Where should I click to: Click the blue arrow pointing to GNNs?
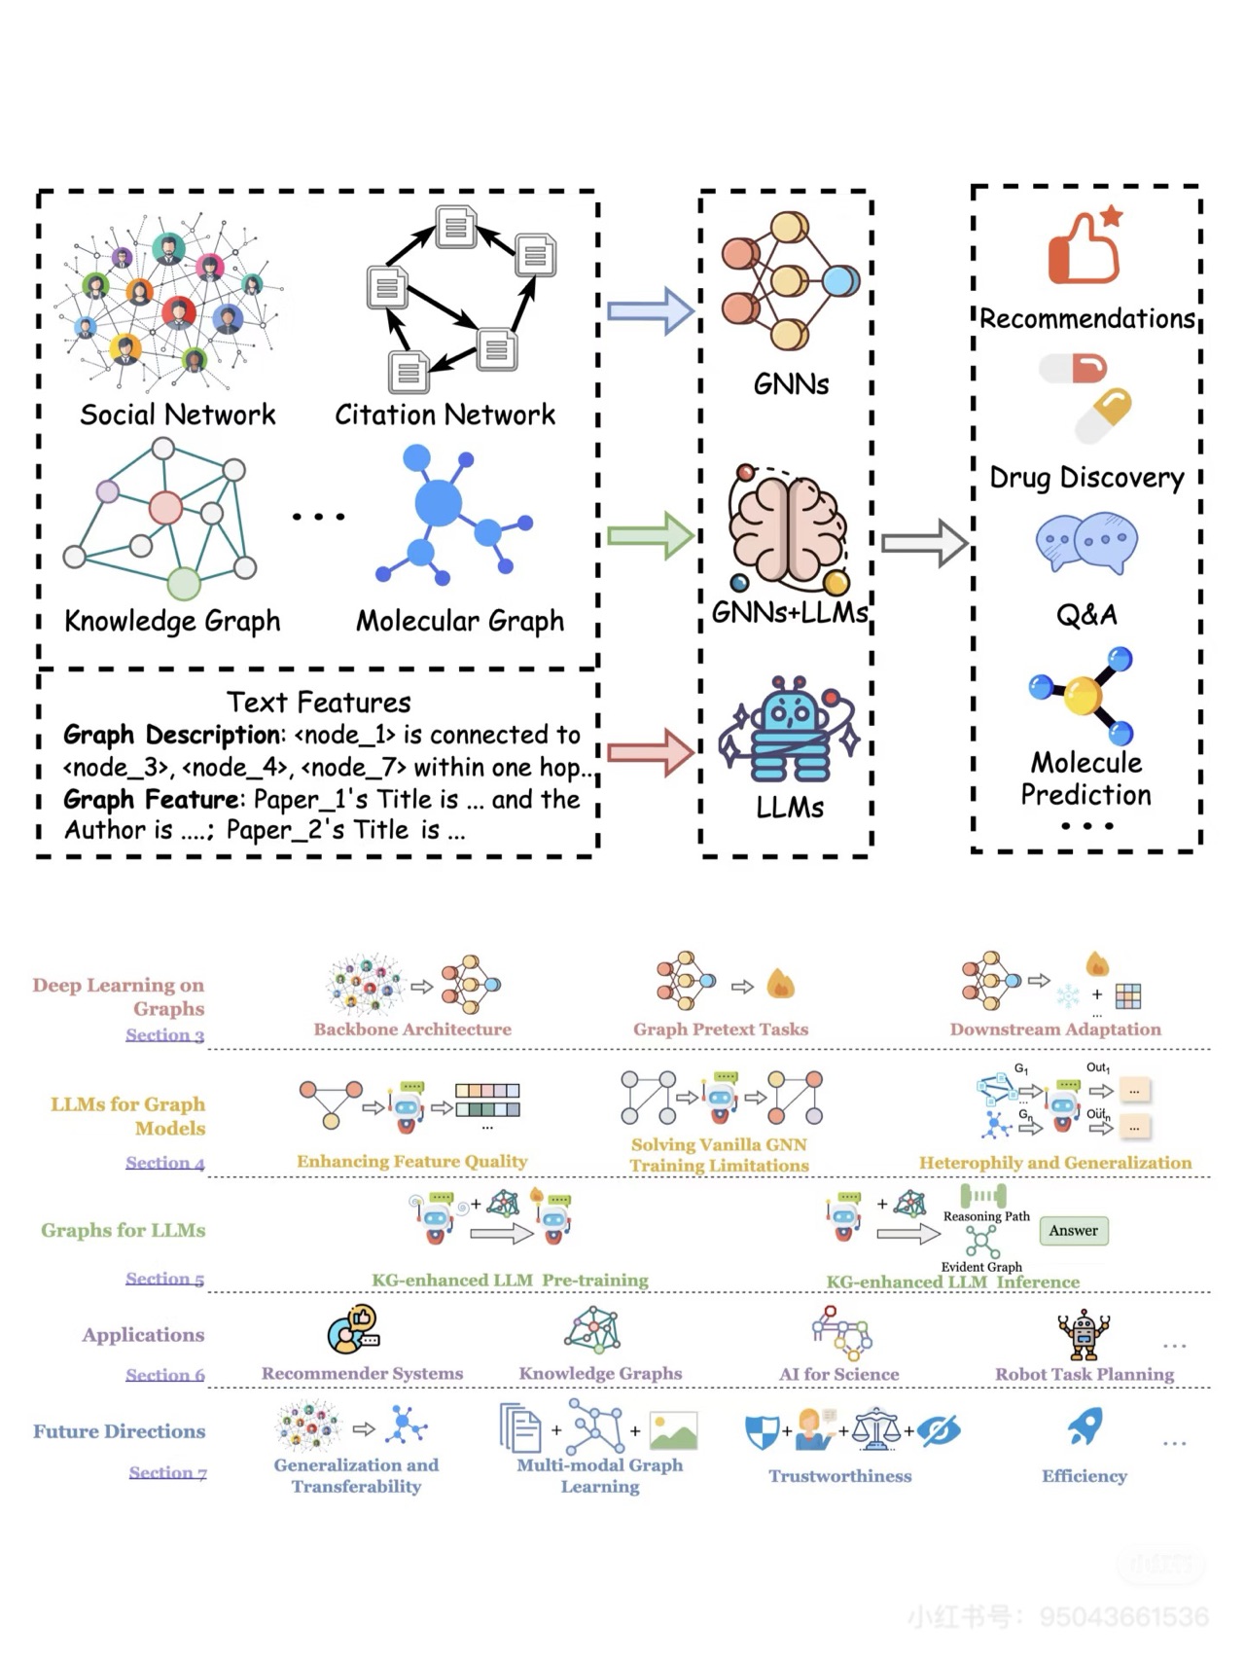tap(650, 311)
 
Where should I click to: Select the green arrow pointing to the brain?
tap(650, 535)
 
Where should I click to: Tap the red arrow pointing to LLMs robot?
tap(650, 752)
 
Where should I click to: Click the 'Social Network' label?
tap(178, 415)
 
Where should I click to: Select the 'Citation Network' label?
tap(445, 415)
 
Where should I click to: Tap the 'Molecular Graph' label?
tap(460, 621)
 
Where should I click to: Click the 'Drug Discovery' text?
tap(1086, 478)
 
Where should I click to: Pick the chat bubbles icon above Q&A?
tap(1086, 542)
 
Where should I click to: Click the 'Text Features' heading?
tap(319, 702)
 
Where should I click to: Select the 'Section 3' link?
tap(164, 1034)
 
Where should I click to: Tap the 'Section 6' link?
tap(164, 1374)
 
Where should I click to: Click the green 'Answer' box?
tap(1073, 1231)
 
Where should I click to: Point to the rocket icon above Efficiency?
tap(1085, 1426)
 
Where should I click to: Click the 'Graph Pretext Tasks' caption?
tap(721, 1029)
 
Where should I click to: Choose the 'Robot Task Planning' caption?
tap(1085, 1374)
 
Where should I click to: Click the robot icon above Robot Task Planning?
tap(1084, 1333)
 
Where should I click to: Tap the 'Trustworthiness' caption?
tap(840, 1475)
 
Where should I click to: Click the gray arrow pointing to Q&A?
tap(924, 543)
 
